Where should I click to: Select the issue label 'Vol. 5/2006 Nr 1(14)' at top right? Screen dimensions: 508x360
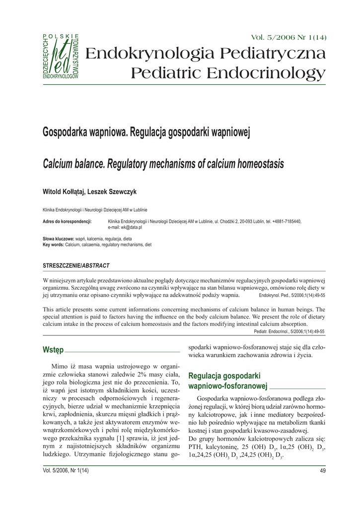[x=289, y=38]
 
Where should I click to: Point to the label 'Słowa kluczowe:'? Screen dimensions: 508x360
[x=59, y=239]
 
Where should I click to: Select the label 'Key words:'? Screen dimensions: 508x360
[x=54, y=245]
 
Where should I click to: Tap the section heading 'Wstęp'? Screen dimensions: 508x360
[x=53, y=350]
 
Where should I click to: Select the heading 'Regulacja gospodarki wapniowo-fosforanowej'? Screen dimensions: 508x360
[x=228, y=381]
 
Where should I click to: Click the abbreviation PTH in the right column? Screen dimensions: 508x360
[x=196, y=447]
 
